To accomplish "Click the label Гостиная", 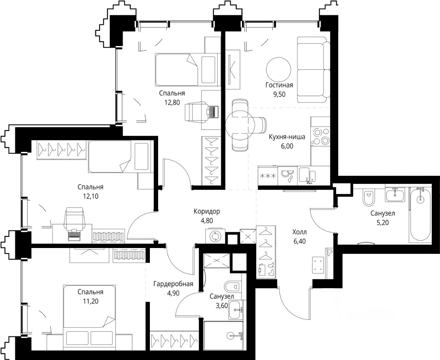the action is [279, 85].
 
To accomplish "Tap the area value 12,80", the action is [172, 103].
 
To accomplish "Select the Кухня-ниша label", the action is [287, 137].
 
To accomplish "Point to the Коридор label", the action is [207, 211].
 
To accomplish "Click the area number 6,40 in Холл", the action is [300, 241].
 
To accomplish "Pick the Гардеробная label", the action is [173, 284].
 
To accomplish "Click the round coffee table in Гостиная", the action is [278, 70].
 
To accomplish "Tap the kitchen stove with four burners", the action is [320, 136].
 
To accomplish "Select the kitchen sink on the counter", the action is [307, 175].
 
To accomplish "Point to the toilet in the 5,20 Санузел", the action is [368, 198].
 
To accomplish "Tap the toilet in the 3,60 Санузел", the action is [233, 287].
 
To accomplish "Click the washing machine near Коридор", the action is [215, 236].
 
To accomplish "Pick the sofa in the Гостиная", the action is [313, 70].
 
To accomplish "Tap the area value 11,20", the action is [90, 301].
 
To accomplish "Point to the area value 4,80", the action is [207, 221].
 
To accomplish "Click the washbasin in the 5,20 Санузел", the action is [395, 194].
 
